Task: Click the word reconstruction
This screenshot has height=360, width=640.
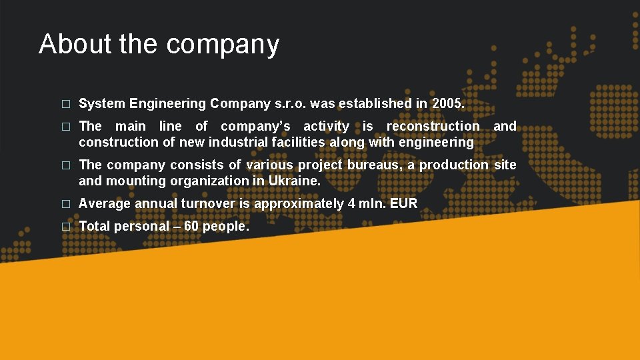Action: tap(433, 126)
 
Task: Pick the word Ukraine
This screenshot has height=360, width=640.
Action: tap(294, 181)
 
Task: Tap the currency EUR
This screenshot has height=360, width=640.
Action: tap(404, 203)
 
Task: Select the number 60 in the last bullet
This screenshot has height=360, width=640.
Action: tap(191, 226)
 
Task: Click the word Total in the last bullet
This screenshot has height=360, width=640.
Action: tap(95, 226)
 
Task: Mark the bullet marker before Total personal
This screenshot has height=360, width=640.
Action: tap(65, 227)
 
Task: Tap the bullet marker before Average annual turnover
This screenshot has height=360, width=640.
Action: tap(65, 204)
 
